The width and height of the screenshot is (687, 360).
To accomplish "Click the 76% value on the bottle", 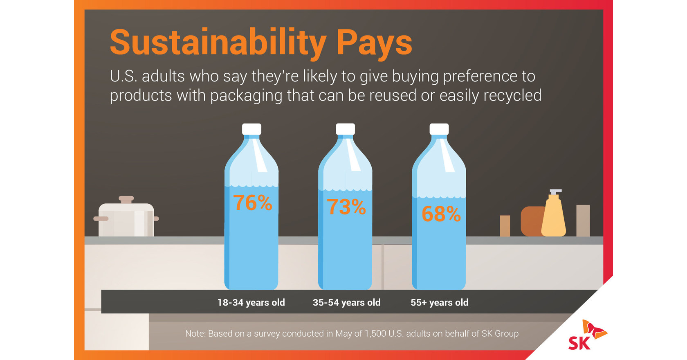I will click(x=252, y=203).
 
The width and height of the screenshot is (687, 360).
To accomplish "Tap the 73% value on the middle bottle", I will click(x=346, y=207).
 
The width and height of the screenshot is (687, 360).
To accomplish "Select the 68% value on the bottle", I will click(x=441, y=214).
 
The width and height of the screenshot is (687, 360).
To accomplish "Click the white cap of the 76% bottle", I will click(x=251, y=129).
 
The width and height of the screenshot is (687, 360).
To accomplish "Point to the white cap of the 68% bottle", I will click(x=439, y=129).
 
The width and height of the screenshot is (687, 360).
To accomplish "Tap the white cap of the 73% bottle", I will click(x=345, y=129).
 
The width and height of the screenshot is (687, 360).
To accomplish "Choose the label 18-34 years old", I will click(x=251, y=303).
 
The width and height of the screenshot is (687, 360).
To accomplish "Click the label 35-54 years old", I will click(x=346, y=303).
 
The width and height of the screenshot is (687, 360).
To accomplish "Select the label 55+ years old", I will click(x=439, y=303).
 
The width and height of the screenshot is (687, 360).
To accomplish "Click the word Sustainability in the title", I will click(x=218, y=43).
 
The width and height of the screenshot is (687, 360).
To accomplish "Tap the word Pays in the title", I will click(x=374, y=43).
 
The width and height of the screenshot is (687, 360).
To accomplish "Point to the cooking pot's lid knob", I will click(x=126, y=199).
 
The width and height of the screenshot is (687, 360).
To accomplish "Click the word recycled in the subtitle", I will click(x=512, y=95).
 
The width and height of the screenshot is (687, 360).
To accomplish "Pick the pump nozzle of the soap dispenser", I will click(x=555, y=191).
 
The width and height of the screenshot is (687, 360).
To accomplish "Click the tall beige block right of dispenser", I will click(x=583, y=220).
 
